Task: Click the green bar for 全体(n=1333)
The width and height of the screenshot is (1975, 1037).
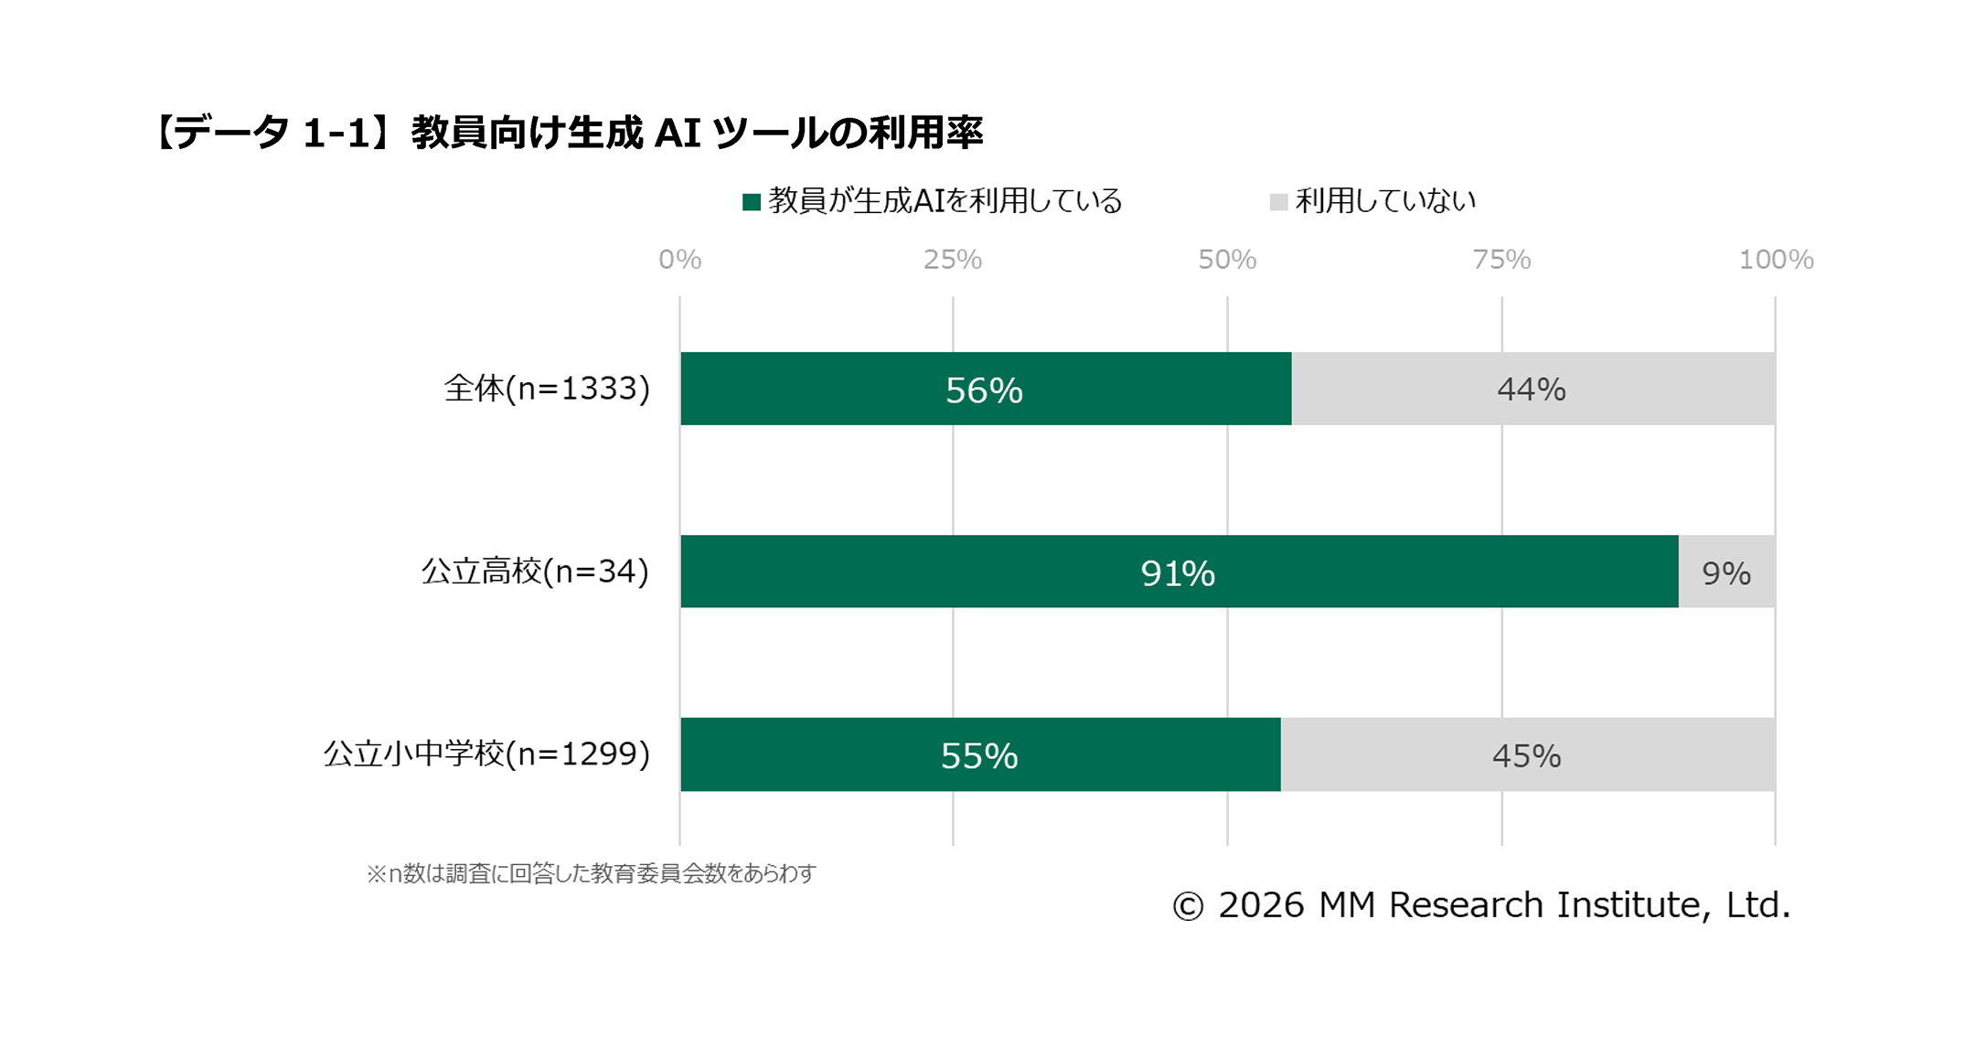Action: (986, 389)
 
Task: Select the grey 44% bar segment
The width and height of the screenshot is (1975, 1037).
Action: (1532, 389)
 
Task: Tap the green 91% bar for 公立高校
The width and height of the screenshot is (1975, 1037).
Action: (1179, 572)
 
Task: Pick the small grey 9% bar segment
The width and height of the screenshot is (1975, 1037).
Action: (1726, 572)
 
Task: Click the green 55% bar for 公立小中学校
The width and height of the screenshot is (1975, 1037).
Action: (980, 754)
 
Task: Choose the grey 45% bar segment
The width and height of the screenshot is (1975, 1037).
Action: (1527, 754)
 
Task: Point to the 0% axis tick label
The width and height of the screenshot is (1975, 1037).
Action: (679, 260)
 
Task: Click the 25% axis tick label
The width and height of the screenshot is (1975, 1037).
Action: (952, 260)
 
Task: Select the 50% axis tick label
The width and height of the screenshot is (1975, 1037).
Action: (1227, 260)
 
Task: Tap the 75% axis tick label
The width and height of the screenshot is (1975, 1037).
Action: (1501, 260)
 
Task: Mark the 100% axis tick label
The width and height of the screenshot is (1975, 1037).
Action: (1776, 260)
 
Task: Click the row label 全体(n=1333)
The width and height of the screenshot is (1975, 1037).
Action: (547, 389)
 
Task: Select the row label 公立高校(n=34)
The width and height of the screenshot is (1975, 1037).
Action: (535, 572)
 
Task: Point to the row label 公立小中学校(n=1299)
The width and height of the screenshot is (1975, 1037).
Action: (486, 754)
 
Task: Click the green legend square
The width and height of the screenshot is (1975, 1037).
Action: (752, 202)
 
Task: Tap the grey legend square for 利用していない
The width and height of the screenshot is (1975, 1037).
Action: (1278, 202)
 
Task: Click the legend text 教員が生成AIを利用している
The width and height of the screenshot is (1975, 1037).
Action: (945, 201)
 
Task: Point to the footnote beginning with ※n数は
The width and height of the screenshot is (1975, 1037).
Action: (591, 874)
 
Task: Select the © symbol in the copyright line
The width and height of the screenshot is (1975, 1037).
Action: (1188, 906)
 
